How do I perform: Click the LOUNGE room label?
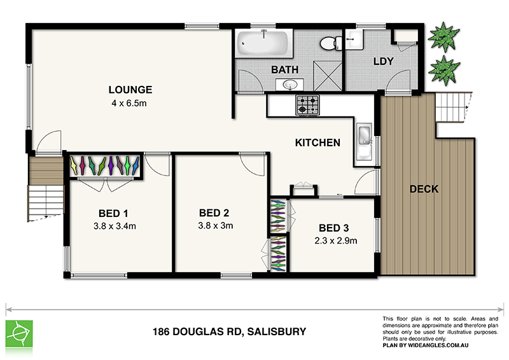(x=130, y=90)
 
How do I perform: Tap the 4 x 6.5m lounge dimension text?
(x=130, y=102)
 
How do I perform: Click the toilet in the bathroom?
(x=329, y=44)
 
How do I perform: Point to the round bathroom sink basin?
(x=292, y=85)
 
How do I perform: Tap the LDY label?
(x=384, y=62)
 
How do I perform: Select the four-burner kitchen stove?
(x=307, y=105)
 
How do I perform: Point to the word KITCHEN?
(x=317, y=143)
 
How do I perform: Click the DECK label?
(x=424, y=189)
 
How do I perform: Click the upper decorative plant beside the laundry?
(x=443, y=36)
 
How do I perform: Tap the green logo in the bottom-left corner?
(x=19, y=333)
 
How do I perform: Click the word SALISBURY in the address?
(x=277, y=331)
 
